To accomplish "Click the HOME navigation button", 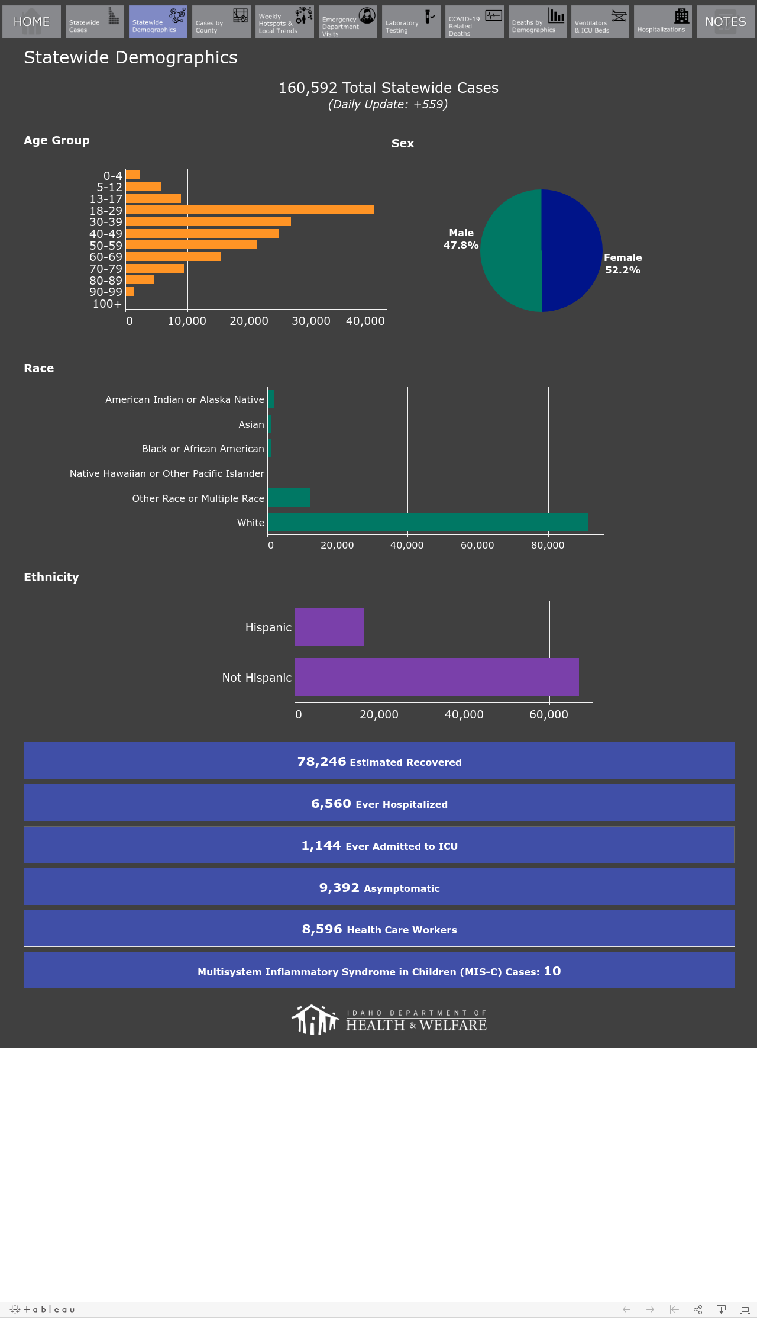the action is pyautogui.click(x=31, y=22).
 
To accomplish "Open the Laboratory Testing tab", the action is pyautogui.click(x=411, y=22).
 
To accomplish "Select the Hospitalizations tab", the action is pyautogui.click(x=663, y=22).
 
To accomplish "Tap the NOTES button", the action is pyautogui.click(x=726, y=22).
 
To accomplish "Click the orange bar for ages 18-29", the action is pyautogui.click(x=250, y=210).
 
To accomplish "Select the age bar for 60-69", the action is pyautogui.click(x=173, y=257).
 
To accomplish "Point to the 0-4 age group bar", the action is pyautogui.click(x=133, y=175).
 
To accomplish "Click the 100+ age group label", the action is pyautogui.click(x=107, y=304).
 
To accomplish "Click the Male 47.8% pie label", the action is pyautogui.click(x=461, y=239).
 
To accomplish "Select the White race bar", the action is pyautogui.click(x=428, y=523).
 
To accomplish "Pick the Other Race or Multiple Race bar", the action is pyautogui.click(x=289, y=498).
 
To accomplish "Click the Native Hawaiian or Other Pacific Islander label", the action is pyautogui.click(x=167, y=473).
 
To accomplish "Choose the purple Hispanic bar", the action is pyautogui.click(x=329, y=627).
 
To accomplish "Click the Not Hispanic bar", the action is pyautogui.click(x=437, y=677).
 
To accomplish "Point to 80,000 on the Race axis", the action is pyautogui.click(x=548, y=545).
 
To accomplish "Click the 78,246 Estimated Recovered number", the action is pyautogui.click(x=322, y=762).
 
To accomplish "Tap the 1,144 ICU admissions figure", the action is pyautogui.click(x=321, y=846).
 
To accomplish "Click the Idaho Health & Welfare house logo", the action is pyautogui.click(x=315, y=1020).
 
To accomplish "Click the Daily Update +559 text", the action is pyautogui.click(x=388, y=104).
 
